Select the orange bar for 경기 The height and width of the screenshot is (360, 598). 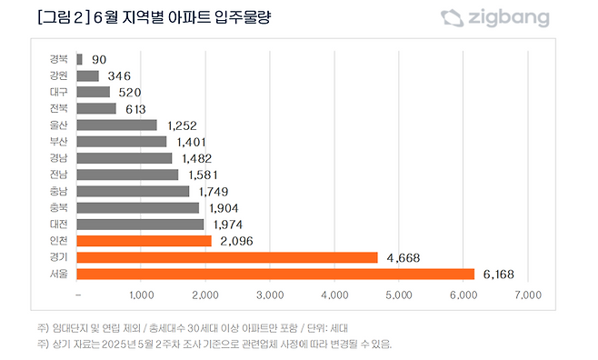[227, 257]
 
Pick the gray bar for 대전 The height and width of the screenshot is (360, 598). [140, 224]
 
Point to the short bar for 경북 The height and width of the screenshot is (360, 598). [80, 59]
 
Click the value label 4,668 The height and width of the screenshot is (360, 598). [404, 257]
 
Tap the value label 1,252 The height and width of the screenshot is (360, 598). [182, 125]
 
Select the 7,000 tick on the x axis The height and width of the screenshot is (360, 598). [528, 295]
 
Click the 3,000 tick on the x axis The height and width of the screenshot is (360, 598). [271, 295]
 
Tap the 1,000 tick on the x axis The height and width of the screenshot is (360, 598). [142, 295]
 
